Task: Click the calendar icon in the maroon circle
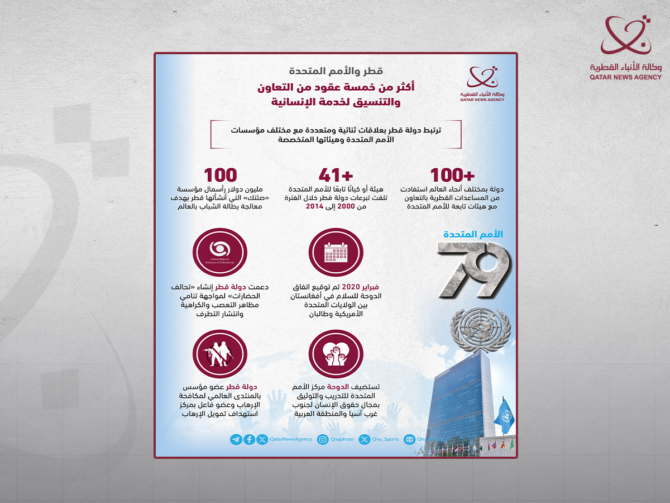tap(336, 253)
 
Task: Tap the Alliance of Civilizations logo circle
tap(220, 253)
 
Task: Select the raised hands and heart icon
tap(336, 354)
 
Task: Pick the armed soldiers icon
tap(220, 354)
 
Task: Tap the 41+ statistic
tap(336, 175)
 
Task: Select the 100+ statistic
tap(452, 175)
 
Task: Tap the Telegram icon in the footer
tap(236, 439)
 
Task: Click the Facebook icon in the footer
tap(249, 439)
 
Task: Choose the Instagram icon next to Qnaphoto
tap(323, 439)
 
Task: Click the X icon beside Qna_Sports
tap(365, 439)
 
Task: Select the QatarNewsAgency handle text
tap(291, 439)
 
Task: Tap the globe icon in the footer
tap(409, 439)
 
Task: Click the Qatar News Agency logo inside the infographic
tap(482, 84)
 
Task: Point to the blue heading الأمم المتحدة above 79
tap(473, 234)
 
